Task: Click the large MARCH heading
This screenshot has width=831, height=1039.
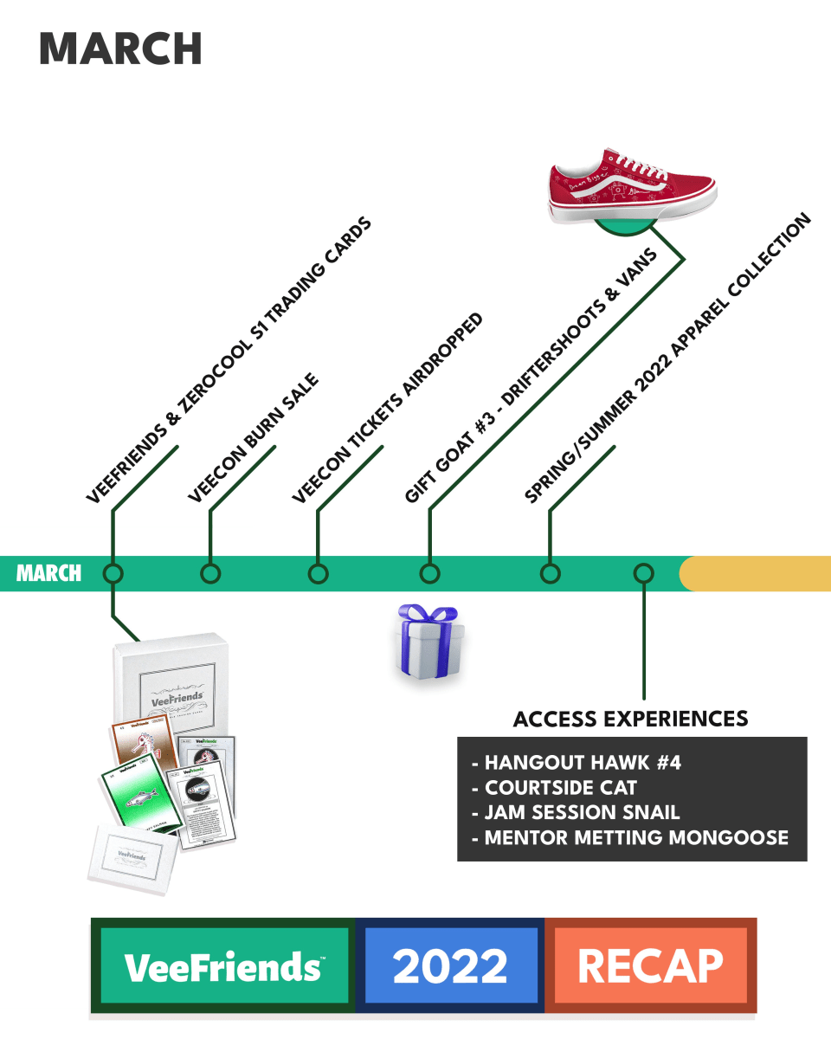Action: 120,48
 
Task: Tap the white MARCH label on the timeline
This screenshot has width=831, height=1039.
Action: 49,573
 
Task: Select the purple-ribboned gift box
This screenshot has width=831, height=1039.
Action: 428,642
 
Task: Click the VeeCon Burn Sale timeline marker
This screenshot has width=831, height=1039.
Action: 210,573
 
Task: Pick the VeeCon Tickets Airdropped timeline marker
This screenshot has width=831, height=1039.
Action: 319,573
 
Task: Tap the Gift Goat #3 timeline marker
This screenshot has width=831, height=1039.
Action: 429,573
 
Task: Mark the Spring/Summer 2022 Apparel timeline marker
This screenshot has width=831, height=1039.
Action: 549,573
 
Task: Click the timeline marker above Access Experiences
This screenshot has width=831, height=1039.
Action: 643,573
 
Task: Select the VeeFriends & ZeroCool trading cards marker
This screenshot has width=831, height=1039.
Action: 113,573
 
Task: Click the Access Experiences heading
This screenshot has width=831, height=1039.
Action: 630,719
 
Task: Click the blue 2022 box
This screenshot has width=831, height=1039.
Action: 449,965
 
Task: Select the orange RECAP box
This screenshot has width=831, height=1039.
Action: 650,965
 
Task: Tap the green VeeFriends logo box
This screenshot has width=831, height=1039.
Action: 223,965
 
